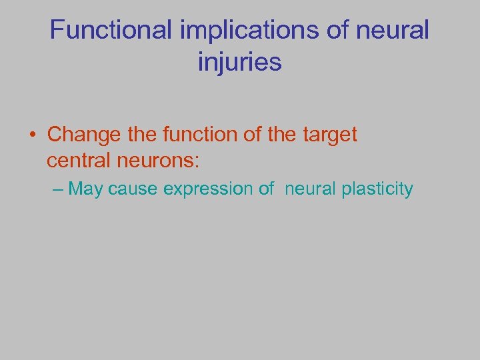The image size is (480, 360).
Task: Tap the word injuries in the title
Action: coord(240,62)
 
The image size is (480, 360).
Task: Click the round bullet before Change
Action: coord(33,135)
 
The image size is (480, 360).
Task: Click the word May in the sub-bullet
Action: coord(86,189)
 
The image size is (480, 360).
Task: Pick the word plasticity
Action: coord(377,189)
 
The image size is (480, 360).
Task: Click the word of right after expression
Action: coord(267,189)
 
